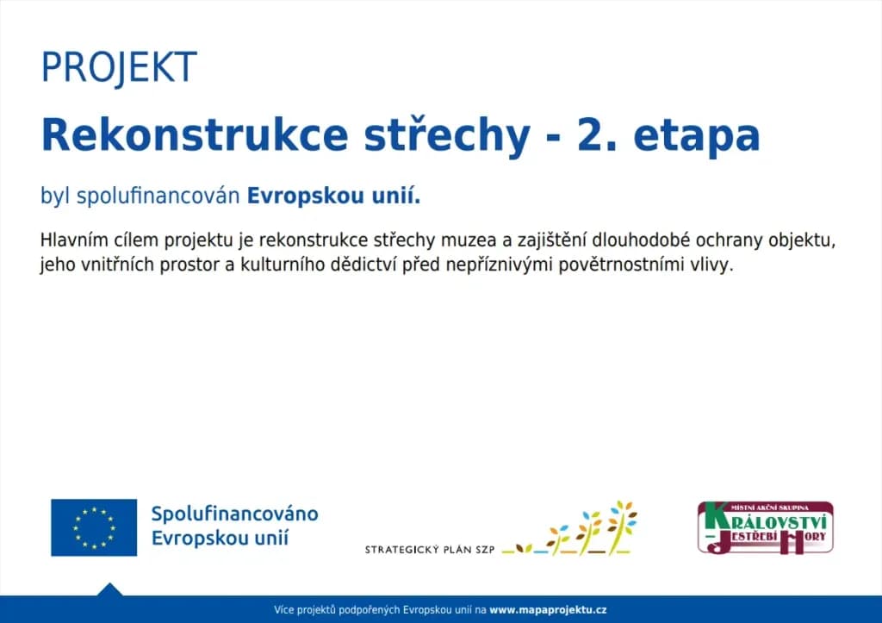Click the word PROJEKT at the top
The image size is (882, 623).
click(x=119, y=67)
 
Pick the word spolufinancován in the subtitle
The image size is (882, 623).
click(x=158, y=196)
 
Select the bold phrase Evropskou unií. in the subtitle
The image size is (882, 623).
click(x=333, y=196)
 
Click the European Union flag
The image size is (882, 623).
click(x=94, y=527)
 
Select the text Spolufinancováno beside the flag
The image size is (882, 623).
click(x=234, y=514)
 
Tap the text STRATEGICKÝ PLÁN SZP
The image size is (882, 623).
click(x=430, y=549)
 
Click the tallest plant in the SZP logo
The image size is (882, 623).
click(x=622, y=527)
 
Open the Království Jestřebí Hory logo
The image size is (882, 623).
click(x=766, y=527)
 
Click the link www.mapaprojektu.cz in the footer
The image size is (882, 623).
click(x=548, y=610)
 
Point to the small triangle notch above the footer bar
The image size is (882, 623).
click(x=109, y=589)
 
